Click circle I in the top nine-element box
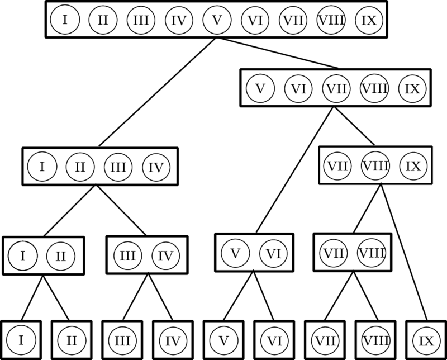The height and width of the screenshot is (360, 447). click(65, 21)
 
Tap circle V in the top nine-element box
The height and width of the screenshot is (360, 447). click(217, 21)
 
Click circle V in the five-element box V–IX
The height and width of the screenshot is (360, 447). click(260, 88)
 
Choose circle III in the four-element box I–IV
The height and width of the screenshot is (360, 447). click(117, 167)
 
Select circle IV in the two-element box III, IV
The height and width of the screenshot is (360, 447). click(165, 255)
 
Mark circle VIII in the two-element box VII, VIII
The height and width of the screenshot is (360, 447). click(371, 253)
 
